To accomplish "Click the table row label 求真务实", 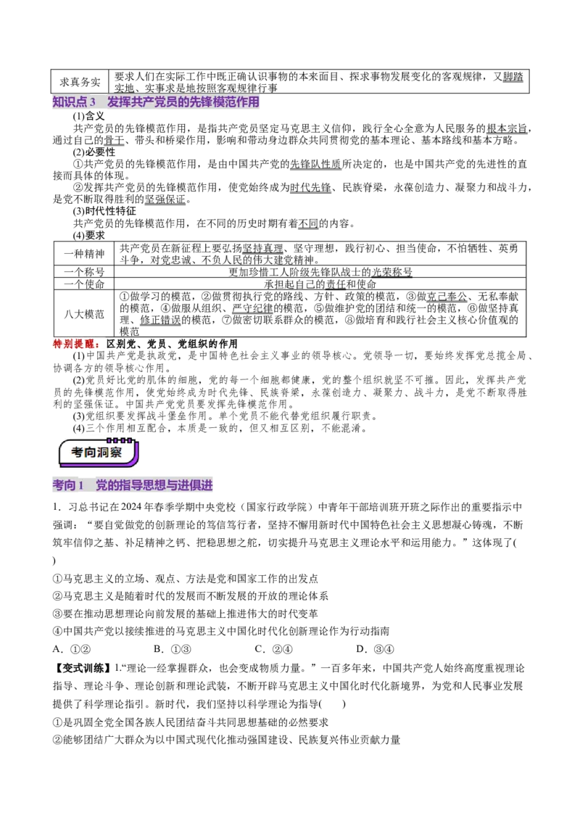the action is pos(80,82).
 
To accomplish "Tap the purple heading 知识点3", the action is pos(75,102).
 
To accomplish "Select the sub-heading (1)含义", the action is pos(88,116).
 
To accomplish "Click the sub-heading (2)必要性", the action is pos(94,152).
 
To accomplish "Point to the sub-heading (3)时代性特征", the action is pos(104,211).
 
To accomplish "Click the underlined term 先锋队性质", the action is pos(315,164).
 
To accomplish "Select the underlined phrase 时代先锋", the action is pos(310,187).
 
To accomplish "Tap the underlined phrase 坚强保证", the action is pos(165,199).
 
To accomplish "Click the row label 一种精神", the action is pos(84,254).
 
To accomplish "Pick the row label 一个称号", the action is pos(84,272).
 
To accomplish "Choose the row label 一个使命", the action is pos(84,284).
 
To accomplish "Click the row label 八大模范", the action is pos(84,314).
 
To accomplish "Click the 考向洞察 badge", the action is pos(98,453).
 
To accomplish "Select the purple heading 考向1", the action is pos(68,485).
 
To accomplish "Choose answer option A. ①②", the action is pos(72,649).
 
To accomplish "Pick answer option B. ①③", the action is pos(173,649).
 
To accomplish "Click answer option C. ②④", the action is pos(274,649).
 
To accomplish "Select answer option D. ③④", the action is pos(376,649).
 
